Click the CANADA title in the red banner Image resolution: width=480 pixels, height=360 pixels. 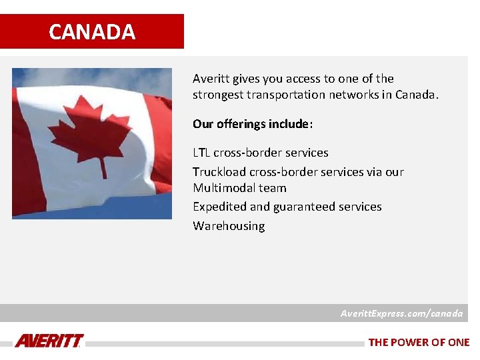(92, 32)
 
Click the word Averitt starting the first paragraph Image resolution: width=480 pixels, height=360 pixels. (211, 79)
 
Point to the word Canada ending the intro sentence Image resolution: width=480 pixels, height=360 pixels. (416, 95)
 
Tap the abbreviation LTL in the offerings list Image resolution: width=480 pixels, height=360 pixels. (201, 153)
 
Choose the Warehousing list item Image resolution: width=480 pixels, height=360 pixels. (229, 226)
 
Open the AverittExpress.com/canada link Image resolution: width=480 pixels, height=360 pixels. (401, 313)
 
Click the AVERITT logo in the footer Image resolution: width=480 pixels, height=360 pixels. (49, 341)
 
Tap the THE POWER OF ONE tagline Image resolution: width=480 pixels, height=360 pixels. (419, 342)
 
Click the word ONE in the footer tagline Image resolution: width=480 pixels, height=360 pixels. (459, 342)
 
